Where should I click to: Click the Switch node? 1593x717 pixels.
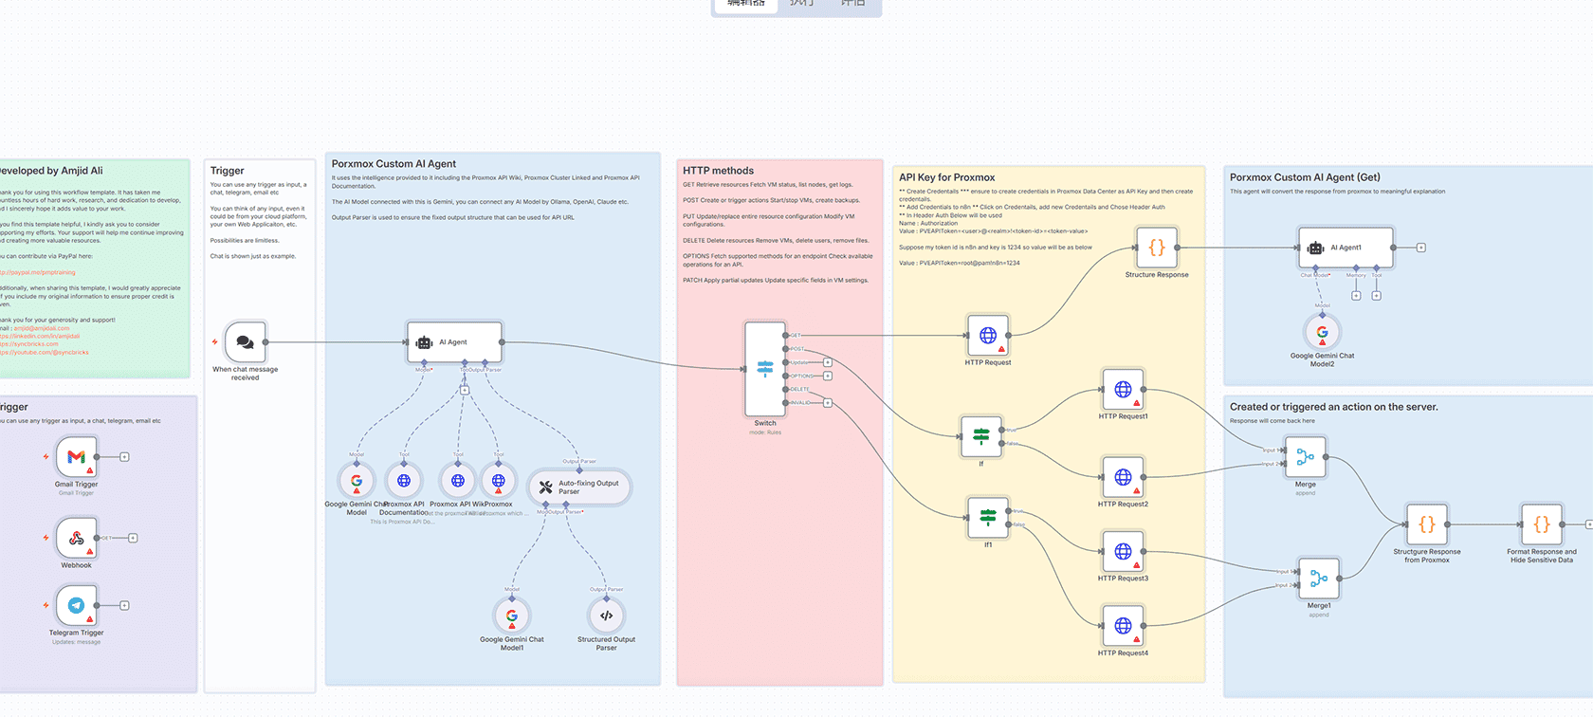pos(764,369)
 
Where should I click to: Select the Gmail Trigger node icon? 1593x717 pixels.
pos(76,456)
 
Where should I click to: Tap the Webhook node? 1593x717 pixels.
pos(76,538)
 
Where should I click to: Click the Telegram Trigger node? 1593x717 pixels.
pos(76,605)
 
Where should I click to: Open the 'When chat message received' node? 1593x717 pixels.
pos(245,341)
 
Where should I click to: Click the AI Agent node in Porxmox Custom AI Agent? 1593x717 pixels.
pos(454,341)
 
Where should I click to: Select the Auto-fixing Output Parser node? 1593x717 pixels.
pos(578,487)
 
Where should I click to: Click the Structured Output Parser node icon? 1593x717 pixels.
pos(606,616)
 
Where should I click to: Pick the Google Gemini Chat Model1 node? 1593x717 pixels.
pos(512,616)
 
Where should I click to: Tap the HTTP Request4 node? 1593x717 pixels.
pos(1123,626)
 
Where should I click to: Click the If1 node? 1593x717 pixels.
pos(987,517)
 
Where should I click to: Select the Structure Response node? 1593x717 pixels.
pos(1156,248)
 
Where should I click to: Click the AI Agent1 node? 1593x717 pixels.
pos(1346,248)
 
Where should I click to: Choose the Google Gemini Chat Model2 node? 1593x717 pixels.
pos(1322,332)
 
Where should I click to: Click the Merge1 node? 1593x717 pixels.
pos(1319,578)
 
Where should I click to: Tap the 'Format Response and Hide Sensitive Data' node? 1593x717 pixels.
pos(1541,524)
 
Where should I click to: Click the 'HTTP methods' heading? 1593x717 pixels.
pos(718,171)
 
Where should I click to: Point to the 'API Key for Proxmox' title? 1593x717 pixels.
pos(946,177)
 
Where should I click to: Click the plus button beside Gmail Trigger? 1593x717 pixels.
pos(124,457)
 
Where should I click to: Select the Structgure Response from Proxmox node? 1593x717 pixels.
pos(1426,524)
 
